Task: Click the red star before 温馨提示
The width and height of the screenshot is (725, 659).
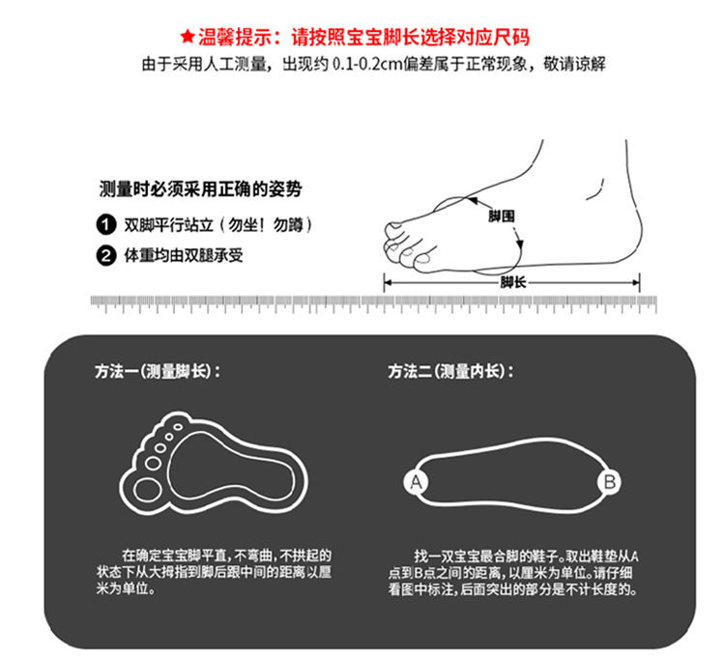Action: pos(188,37)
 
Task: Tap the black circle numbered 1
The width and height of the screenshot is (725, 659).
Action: pos(106,225)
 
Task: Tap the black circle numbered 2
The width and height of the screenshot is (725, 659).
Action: pos(106,255)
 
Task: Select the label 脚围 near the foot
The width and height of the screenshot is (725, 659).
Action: pos(501,215)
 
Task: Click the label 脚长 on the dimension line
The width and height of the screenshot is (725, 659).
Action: pos(512,282)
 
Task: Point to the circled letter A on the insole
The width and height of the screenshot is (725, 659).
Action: pos(416,482)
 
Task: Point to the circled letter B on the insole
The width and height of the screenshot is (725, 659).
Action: pos(609,482)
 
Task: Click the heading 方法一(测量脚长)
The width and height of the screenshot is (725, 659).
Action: pos(158,371)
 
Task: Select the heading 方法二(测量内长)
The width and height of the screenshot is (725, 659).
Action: pos(450,371)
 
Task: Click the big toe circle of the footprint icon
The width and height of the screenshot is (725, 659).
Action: pos(147,489)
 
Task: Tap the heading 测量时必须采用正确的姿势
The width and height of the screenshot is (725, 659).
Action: pos(201,189)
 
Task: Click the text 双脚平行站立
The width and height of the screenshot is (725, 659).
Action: pos(169,225)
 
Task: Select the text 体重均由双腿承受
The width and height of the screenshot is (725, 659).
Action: pos(184,255)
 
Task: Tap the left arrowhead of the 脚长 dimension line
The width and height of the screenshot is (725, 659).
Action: pos(389,282)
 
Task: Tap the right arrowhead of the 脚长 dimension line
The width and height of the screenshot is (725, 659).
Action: pos(635,282)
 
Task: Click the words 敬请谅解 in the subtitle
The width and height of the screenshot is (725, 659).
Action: pos(575,64)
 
